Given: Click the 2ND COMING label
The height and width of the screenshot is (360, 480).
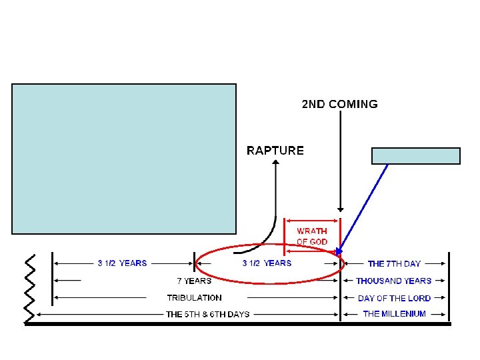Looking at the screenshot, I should [339, 104].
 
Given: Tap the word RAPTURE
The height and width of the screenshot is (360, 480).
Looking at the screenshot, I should [275, 151].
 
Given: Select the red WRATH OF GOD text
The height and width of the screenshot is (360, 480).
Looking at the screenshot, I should [312, 236].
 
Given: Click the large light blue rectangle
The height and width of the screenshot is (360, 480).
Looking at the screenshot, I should [124, 159].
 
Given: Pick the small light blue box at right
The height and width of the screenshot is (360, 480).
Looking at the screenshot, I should [415, 156].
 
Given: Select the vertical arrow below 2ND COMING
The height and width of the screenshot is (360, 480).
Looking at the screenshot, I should [341, 160].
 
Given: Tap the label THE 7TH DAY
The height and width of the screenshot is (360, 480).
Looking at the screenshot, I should [394, 264].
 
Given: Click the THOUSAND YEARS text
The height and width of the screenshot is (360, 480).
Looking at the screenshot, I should [393, 281].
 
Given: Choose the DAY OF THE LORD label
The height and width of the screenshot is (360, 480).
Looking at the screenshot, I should [394, 298].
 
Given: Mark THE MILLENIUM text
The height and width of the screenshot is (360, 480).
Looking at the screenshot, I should [394, 314].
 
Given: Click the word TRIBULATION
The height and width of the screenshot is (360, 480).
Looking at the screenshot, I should [194, 298].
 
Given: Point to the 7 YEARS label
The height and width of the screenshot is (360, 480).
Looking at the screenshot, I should [194, 281].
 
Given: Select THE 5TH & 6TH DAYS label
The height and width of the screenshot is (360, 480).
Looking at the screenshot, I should [207, 314].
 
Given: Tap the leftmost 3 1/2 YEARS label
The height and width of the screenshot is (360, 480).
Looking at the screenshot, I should [122, 264].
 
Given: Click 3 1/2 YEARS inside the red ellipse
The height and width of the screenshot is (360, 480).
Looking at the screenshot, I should [267, 264].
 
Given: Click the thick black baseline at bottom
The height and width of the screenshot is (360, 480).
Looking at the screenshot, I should [238, 324].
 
